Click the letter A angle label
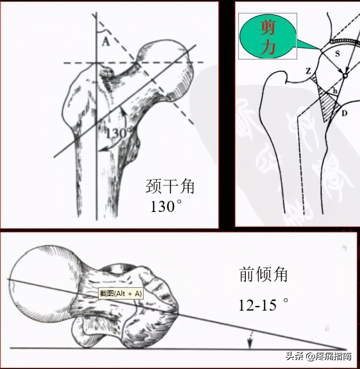click(106, 41)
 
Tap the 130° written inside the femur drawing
click(116, 133)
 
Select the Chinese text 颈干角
click(170, 186)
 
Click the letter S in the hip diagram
click(337, 54)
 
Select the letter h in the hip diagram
click(335, 91)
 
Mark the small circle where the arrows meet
click(345, 75)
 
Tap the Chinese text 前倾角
click(263, 274)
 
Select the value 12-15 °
click(263, 305)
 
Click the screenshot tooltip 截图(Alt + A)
click(121, 294)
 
